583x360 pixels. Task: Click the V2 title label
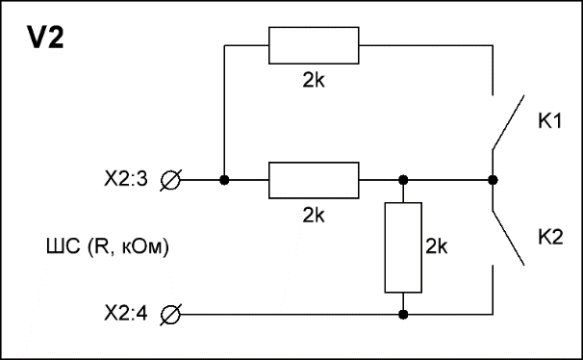point(45,38)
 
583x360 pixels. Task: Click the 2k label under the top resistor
point(314,80)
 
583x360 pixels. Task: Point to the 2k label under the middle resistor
point(314,215)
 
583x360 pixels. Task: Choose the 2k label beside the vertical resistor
point(437,245)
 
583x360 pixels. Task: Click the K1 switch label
point(550,121)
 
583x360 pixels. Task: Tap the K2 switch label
point(550,237)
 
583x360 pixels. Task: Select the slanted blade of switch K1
point(508,123)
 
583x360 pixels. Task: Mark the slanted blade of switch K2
point(508,238)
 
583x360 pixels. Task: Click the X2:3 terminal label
point(126,179)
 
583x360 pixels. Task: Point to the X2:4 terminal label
point(126,313)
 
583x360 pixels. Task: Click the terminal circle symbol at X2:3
point(170,180)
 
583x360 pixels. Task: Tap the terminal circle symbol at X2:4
point(170,315)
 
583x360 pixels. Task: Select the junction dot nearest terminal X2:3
point(224,180)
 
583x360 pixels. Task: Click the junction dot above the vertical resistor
point(403,180)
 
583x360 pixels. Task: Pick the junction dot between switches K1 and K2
point(493,180)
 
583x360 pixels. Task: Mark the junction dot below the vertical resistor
point(403,315)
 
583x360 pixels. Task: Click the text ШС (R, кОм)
point(108,246)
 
